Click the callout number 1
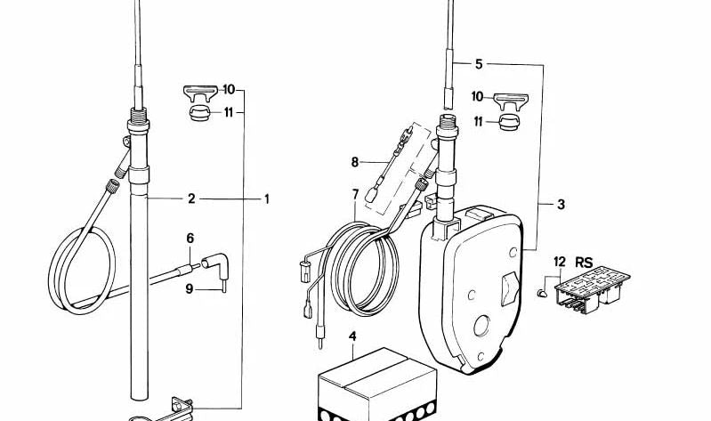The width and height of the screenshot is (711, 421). tap(267, 198)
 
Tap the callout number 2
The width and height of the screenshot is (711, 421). tap(191, 198)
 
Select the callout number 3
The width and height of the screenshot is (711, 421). tap(561, 204)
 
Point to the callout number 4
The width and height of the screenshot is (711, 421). tap(352, 336)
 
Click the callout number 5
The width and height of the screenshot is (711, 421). tap(479, 64)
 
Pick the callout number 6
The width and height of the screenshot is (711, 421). tap(190, 239)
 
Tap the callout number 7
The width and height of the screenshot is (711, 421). tap(355, 194)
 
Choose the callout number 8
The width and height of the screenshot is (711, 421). tap(354, 162)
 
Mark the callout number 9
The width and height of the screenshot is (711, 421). tap(189, 288)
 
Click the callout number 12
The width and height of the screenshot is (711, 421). tap(560, 262)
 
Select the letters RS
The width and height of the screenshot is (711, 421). tap(584, 262)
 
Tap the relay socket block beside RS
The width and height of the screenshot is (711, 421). tap(592, 288)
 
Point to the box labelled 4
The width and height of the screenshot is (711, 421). tap(377, 385)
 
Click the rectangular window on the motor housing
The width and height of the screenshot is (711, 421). tap(509, 288)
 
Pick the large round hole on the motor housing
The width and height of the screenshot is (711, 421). tap(481, 326)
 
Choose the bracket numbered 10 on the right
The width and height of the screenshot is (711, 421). tap(511, 101)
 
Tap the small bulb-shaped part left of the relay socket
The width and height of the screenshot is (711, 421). tap(542, 293)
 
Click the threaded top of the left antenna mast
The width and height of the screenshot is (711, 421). tap(138, 116)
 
